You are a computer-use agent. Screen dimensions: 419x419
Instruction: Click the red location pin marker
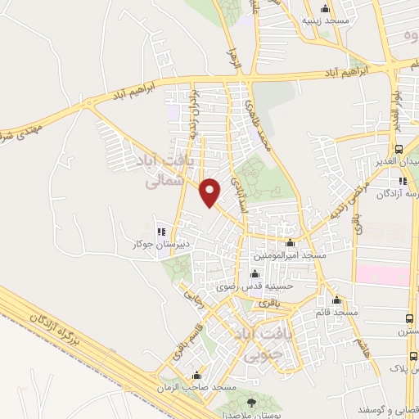211,191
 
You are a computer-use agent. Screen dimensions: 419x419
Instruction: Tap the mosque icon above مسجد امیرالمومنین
290,243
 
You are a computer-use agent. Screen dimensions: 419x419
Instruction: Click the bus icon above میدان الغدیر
399,150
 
